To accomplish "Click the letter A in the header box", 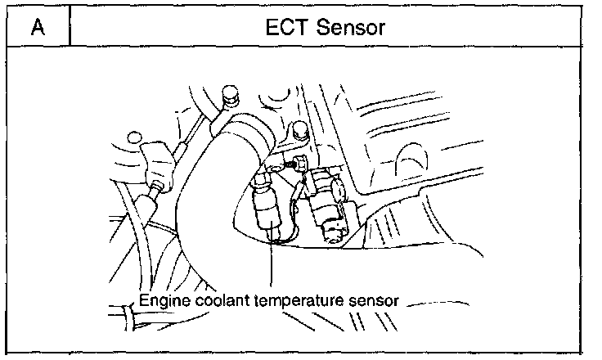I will [x=37, y=28].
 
